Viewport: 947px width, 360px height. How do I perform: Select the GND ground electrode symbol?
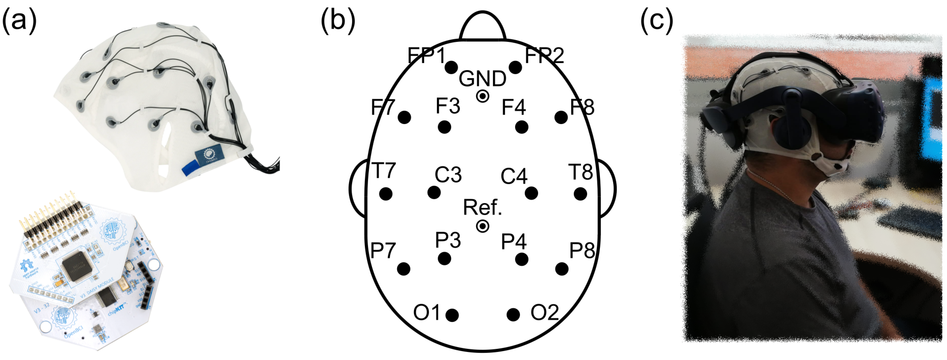pos(482,96)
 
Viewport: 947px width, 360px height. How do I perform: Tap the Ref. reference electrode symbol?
pos(482,226)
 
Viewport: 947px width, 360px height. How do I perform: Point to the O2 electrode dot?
pos(513,315)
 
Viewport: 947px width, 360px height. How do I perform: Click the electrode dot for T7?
pos(386,194)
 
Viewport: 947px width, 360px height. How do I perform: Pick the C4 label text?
pos(514,176)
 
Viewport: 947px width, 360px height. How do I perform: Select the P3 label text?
pos(448,240)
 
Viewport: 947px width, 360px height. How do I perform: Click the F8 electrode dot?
pos(561,118)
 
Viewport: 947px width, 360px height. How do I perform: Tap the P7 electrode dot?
pos(404,269)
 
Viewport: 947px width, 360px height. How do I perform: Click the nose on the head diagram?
pos(483,26)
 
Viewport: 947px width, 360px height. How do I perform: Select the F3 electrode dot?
pos(445,127)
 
